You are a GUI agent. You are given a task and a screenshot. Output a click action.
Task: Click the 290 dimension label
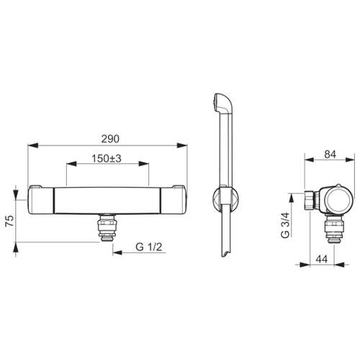tap(110, 139)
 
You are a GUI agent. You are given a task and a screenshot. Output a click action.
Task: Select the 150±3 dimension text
tap(107, 158)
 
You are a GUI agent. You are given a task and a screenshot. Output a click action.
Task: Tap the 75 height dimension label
tap(9, 221)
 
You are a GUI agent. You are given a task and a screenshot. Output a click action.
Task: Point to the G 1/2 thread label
tap(149, 247)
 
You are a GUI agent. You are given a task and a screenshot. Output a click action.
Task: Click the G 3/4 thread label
tap(285, 225)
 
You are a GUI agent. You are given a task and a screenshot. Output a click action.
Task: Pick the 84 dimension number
tap(330, 154)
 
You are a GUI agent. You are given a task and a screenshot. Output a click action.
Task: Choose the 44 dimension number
tap(322, 259)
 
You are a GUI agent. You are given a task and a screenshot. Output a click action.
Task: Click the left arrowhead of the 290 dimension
tap(33, 145)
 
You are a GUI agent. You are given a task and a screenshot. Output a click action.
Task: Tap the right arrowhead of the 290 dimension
tap(182, 145)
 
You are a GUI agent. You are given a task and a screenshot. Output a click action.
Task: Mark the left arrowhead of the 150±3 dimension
tap(71, 164)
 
